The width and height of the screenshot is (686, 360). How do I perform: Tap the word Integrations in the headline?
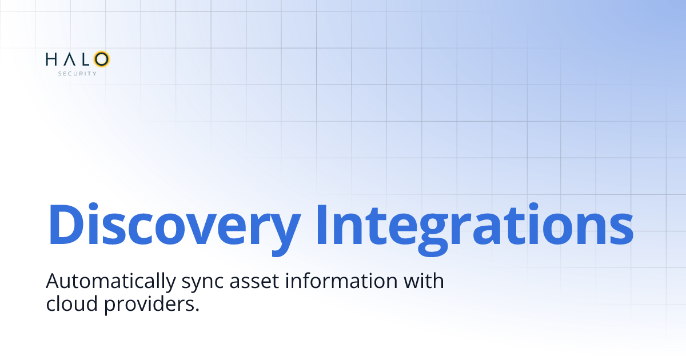tap(473, 223)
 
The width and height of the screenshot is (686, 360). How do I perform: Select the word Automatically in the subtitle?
tap(106, 282)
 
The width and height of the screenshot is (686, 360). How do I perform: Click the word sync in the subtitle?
tap(193, 283)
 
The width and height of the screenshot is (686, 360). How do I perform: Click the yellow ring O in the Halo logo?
tap(102, 59)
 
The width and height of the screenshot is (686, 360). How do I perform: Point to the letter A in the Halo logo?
tap(68, 59)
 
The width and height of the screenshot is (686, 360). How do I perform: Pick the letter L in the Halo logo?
tap(85, 59)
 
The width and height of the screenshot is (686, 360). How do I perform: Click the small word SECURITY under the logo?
tap(77, 73)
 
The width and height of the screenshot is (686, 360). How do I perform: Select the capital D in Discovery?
tap(65, 222)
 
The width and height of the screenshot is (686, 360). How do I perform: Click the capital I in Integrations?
tap(322, 222)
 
